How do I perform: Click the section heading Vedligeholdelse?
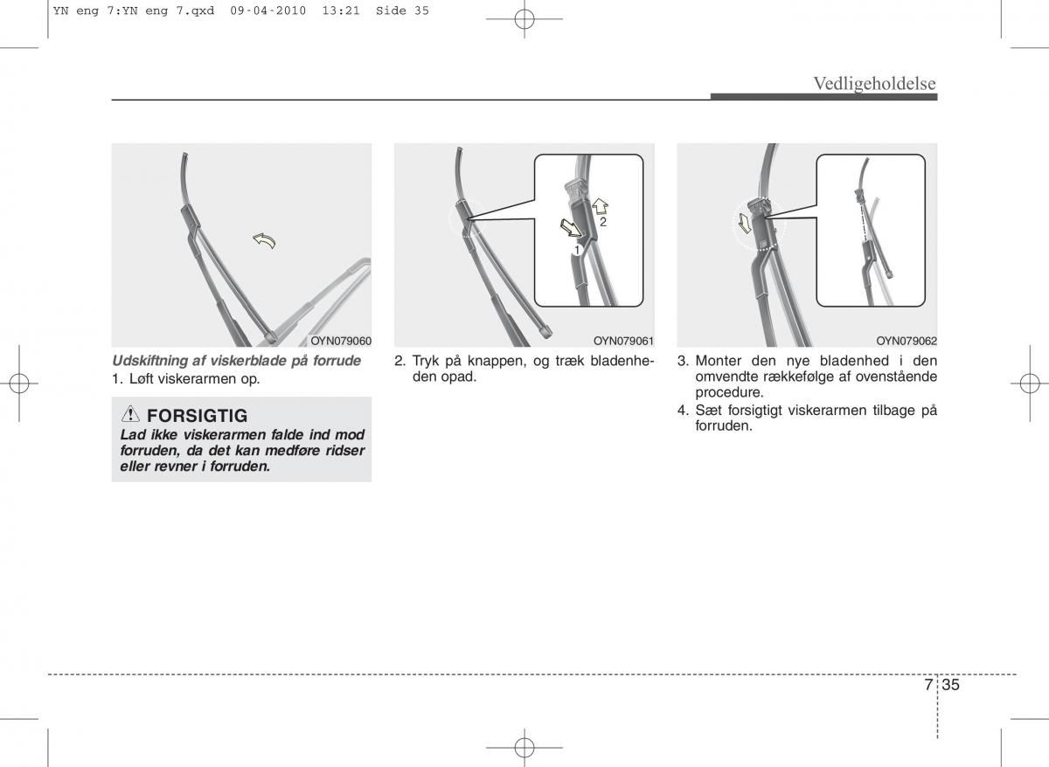874,84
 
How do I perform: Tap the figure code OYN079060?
341,341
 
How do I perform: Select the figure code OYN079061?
623,341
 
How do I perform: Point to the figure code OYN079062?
907,341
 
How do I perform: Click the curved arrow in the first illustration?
265,240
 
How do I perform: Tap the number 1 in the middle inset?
577,251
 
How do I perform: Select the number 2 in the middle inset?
603,222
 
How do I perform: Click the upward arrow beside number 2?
600,206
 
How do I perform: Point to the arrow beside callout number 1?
571,228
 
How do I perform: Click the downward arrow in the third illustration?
744,223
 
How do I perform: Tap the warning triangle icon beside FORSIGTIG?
130,414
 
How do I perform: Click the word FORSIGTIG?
198,416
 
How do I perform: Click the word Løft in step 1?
141,378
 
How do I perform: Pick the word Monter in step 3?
719,361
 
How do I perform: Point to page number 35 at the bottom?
951,685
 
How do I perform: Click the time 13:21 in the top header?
341,10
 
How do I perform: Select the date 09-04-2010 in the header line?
267,10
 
